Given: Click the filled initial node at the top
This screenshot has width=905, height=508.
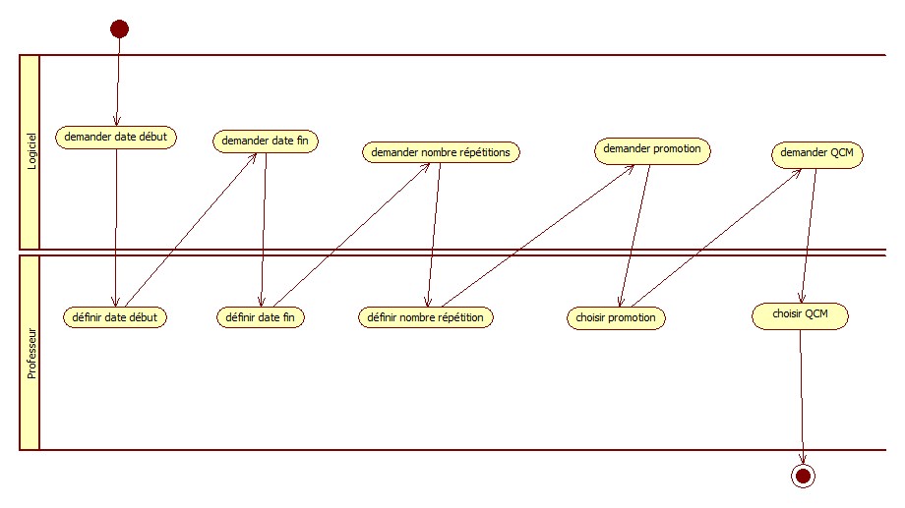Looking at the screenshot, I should point(119,28).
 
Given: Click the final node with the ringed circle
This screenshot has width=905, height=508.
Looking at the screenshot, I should point(803,477).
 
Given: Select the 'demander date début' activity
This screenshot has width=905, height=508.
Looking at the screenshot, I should point(116,138).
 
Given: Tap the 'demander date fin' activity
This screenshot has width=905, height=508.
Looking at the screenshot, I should point(266,141).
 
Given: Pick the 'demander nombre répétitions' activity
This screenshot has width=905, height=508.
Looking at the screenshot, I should point(441,152).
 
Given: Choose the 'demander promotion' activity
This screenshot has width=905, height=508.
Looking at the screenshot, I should point(652,149).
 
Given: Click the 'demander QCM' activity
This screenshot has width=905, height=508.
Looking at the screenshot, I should point(815,153).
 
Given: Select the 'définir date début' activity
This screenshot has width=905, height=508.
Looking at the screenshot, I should point(115,317).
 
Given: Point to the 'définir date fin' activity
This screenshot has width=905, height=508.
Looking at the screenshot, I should point(261,317).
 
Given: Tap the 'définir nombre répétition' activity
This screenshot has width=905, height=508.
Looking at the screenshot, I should point(425,317).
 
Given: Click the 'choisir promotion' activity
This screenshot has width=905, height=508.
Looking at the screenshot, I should point(617,318).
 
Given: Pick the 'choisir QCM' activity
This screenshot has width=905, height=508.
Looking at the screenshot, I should point(800,315).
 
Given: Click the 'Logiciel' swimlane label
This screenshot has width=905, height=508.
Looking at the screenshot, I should point(30,152).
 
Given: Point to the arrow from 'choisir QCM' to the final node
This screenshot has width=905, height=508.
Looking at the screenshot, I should point(802,393).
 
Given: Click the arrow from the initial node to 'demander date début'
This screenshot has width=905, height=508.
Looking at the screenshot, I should point(118,84).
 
